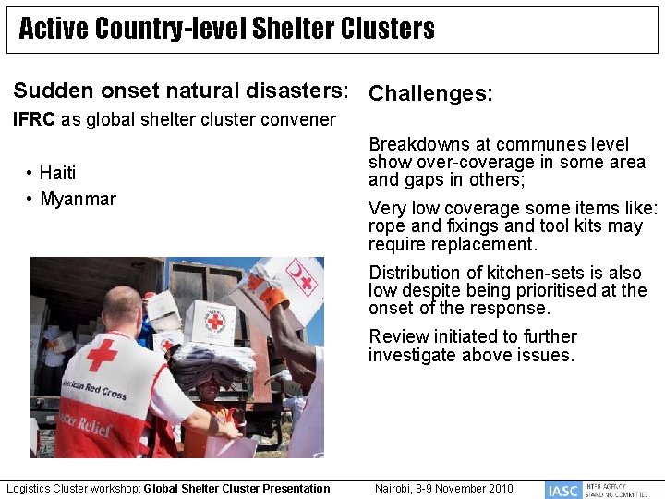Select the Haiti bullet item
tap(57, 173)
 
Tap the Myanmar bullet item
tap(78, 200)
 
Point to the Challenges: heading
tap(430, 94)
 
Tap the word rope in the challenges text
tap(386, 226)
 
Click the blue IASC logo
tap(562, 490)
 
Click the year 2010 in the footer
tap(499, 488)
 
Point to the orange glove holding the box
tap(271, 294)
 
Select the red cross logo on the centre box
tap(215, 322)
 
